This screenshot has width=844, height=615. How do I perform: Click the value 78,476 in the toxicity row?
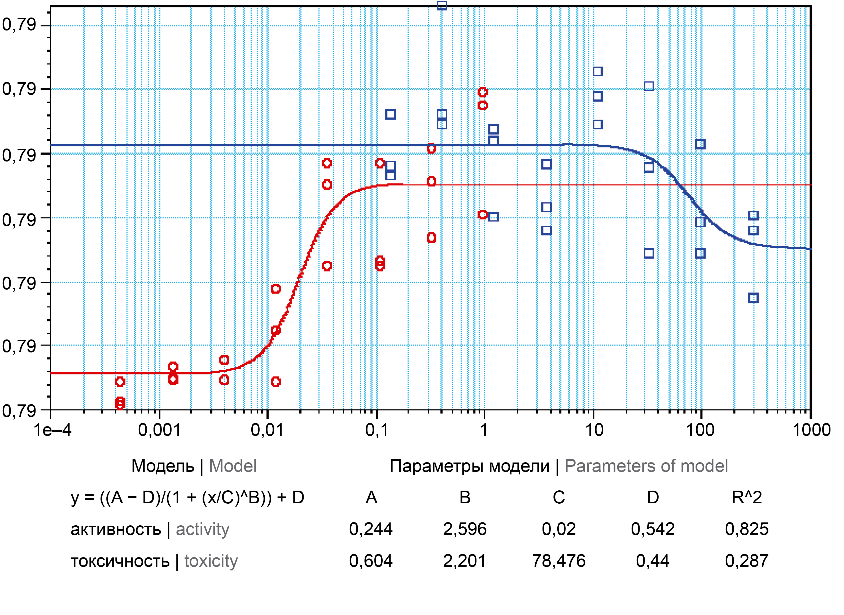click(559, 561)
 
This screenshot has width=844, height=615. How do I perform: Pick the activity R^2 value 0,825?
click(746, 529)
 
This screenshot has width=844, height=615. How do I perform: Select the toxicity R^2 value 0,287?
click(746, 561)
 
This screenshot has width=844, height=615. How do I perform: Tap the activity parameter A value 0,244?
click(371, 529)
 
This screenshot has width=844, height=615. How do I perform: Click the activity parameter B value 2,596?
click(465, 529)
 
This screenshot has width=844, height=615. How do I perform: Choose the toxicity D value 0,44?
click(653, 561)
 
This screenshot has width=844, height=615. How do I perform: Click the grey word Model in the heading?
click(233, 466)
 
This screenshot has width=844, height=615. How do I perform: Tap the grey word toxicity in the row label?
click(211, 561)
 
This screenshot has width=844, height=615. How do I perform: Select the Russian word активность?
click(116, 529)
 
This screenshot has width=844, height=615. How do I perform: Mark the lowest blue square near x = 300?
click(753, 298)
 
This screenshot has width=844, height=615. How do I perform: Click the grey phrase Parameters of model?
click(646, 466)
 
